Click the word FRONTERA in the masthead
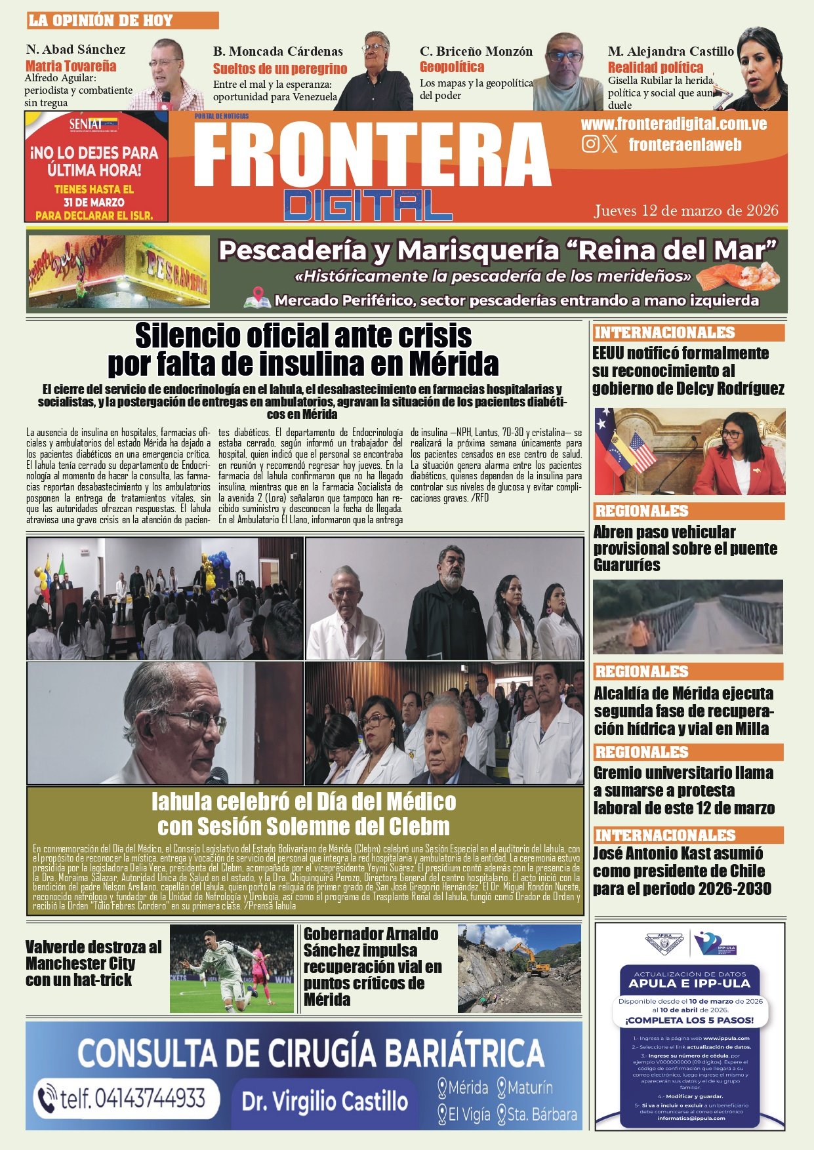tap(372, 155)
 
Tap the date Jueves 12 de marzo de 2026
tap(686, 210)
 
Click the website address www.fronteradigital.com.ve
tap(674, 124)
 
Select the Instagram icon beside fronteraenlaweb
tap(590, 144)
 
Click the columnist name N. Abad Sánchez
tap(75, 49)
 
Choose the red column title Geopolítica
tap(452, 67)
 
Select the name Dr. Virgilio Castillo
tap(325, 1101)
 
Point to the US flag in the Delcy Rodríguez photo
tap(641, 452)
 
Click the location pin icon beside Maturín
tap(502, 1088)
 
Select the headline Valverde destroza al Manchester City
tap(93, 963)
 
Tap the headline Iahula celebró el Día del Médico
tap(304, 813)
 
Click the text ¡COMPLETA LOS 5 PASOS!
tap(689, 1021)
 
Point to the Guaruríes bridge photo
tap(688, 616)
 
